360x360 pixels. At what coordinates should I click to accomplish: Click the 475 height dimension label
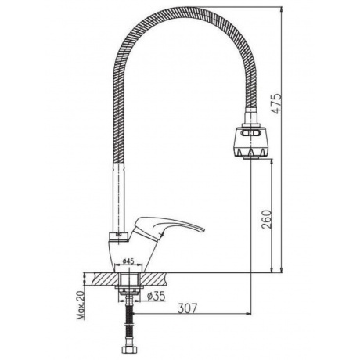coord(277,103)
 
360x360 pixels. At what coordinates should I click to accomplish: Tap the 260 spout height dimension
coord(267,218)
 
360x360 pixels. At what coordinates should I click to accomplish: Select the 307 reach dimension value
coord(187,308)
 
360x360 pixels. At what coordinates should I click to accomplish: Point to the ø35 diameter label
coord(156,296)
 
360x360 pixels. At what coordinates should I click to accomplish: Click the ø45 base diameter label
coord(128,261)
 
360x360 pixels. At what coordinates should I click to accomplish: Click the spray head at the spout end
coord(250,142)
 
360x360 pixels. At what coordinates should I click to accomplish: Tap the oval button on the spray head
coord(250,133)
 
